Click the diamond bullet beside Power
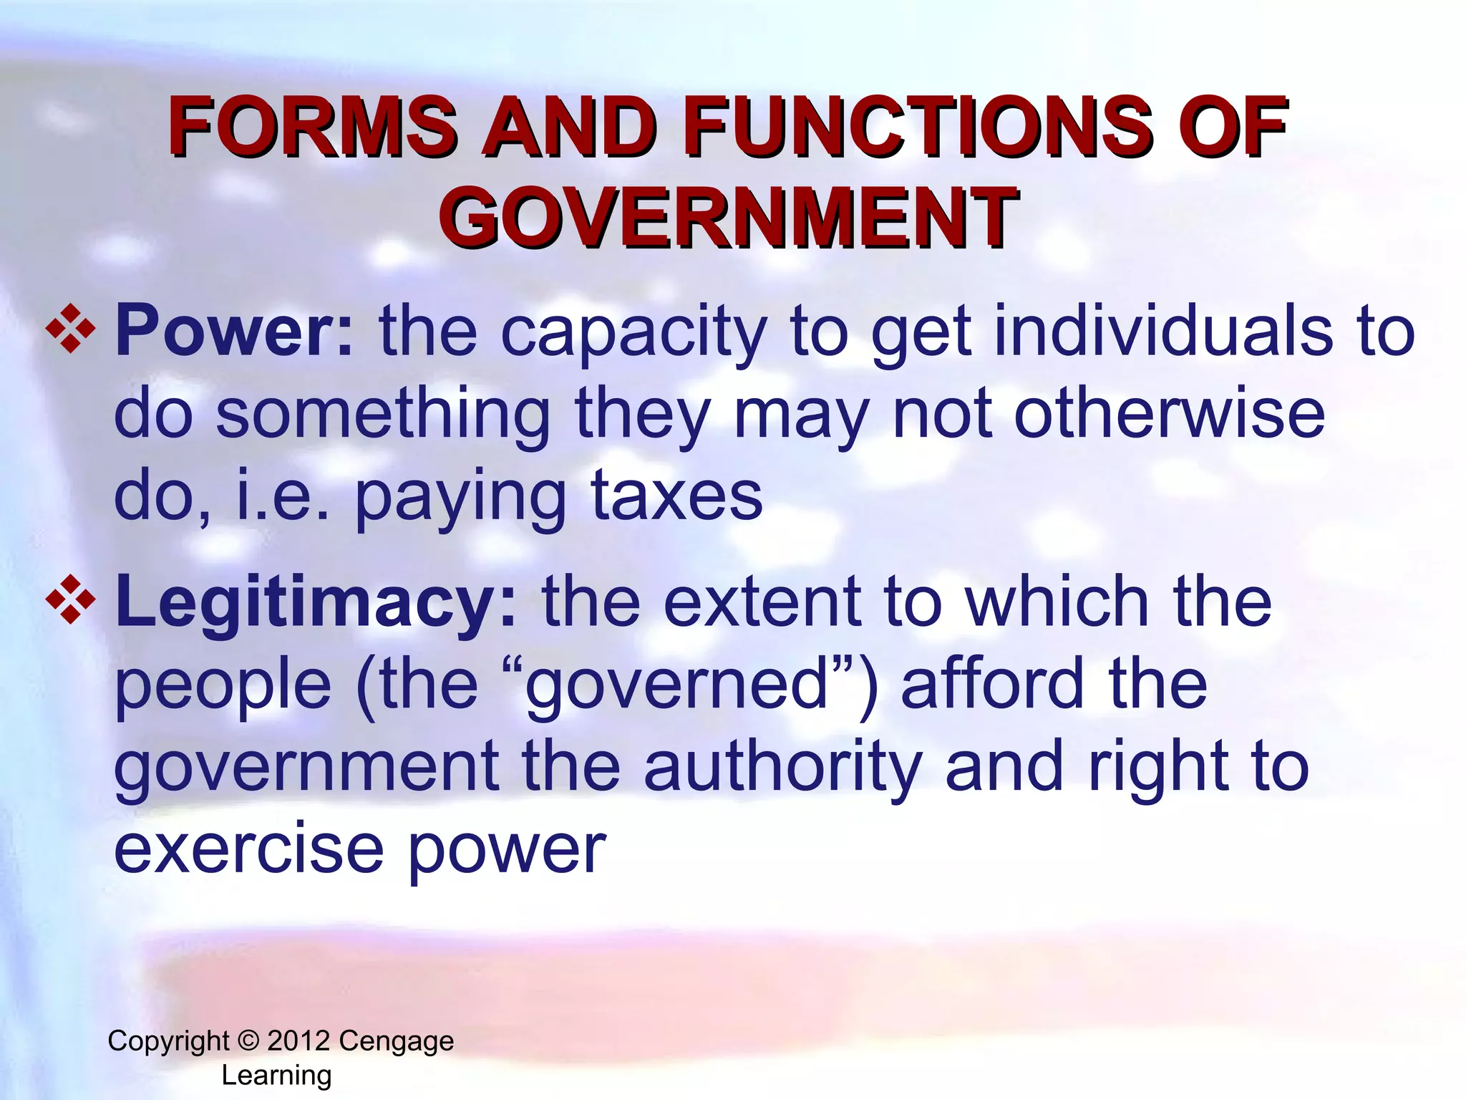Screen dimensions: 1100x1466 70,329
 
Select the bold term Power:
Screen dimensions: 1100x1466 234,331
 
